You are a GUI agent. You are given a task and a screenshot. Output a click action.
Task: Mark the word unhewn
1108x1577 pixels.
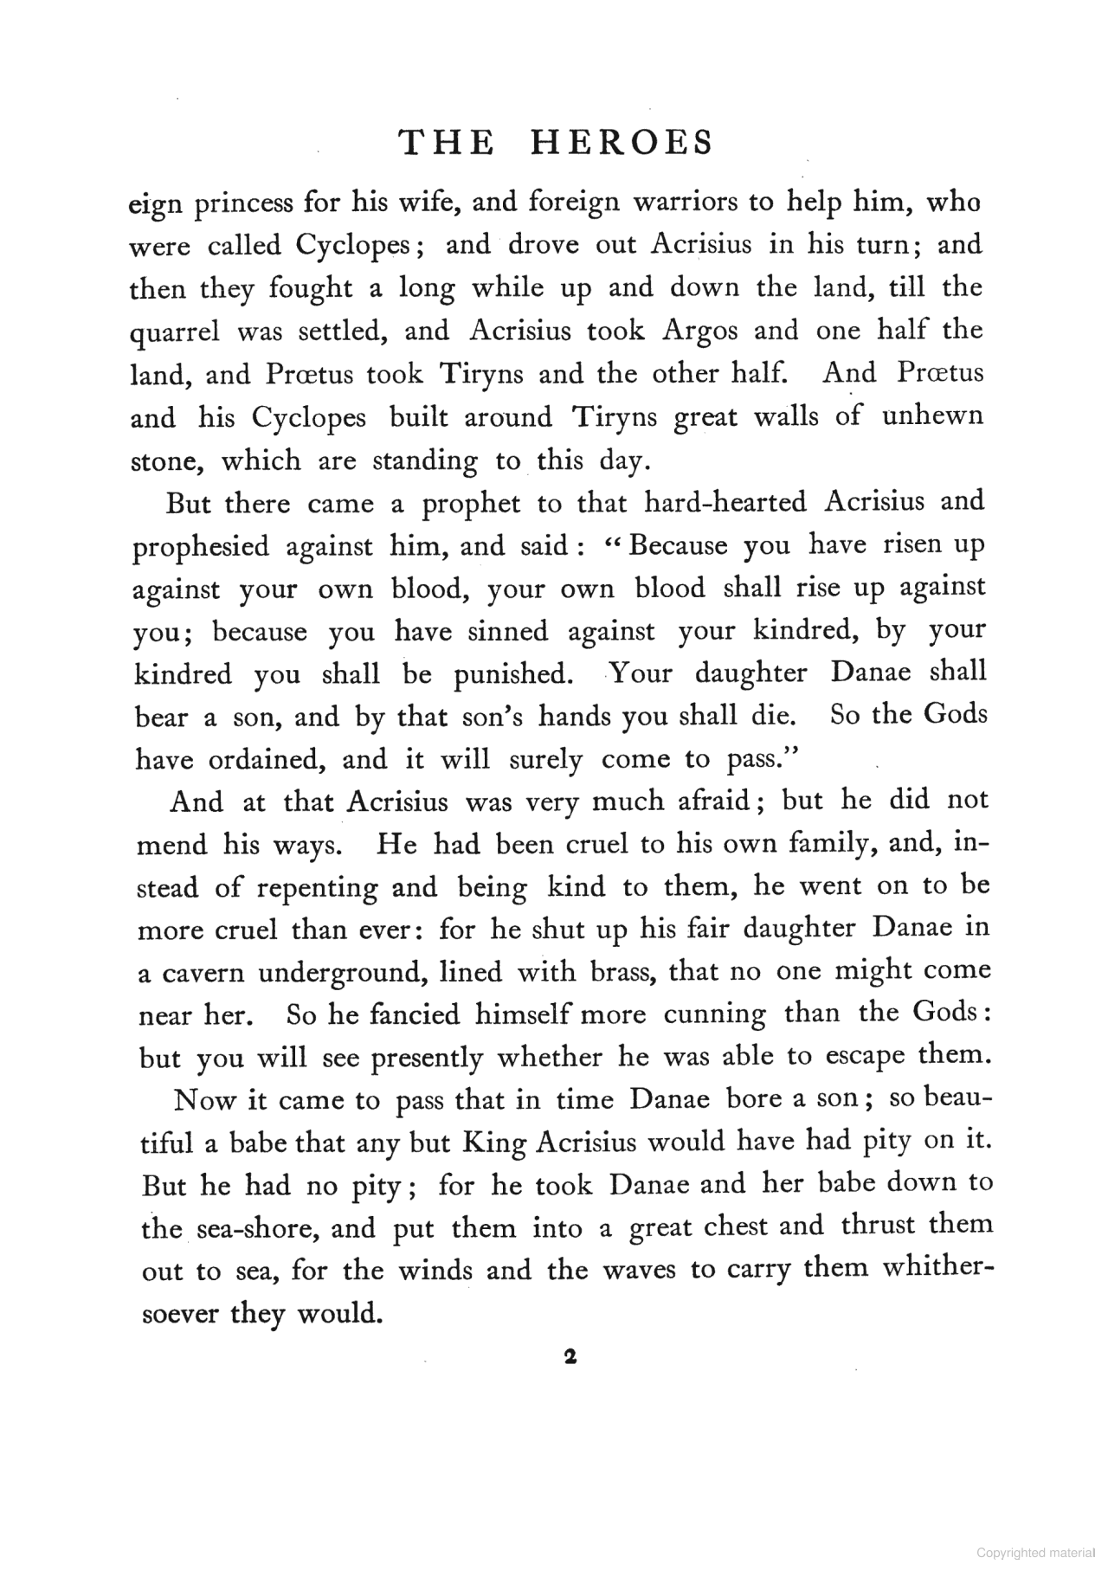pos(932,416)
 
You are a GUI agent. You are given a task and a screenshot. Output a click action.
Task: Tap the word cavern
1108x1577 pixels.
pos(200,973)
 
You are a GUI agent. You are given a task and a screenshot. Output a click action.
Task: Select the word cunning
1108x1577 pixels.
pos(714,1014)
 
